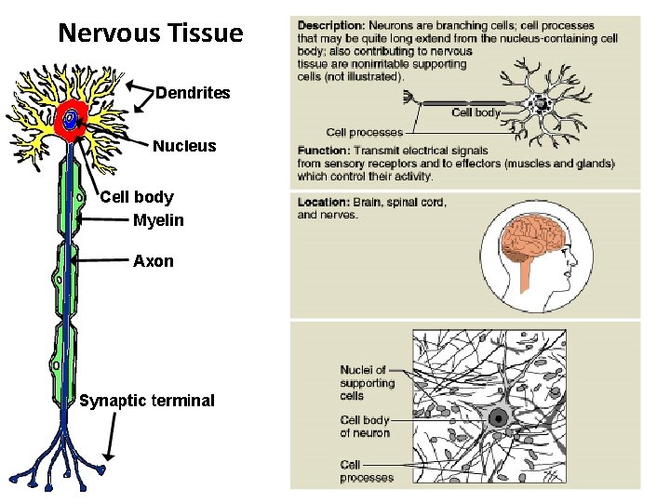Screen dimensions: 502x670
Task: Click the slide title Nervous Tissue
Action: [x=150, y=34]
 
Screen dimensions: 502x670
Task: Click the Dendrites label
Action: [x=193, y=93]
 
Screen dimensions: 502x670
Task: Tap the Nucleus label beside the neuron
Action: [x=184, y=146]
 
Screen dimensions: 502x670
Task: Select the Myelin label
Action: [x=158, y=220]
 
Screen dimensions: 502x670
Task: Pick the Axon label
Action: [x=154, y=261]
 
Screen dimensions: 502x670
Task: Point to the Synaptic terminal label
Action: [x=147, y=401]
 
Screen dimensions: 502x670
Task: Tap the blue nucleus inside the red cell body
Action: [x=70, y=118]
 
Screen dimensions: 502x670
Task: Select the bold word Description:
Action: [x=330, y=25]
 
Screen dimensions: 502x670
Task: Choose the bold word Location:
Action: [x=324, y=203]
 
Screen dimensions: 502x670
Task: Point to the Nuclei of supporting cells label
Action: [x=367, y=382]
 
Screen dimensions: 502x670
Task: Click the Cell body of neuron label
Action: [x=365, y=426]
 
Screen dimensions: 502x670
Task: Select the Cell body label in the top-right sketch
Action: [x=476, y=112]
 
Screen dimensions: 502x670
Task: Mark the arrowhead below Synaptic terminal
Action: [x=109, y=456]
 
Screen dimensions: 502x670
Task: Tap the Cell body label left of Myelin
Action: [x=136, y=197]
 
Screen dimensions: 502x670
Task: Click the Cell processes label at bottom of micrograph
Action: [x=367, y=470]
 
